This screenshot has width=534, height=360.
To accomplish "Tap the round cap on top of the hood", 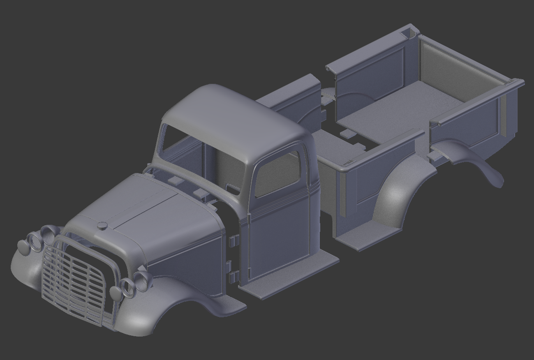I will pyautogui.click(x=102, y=225).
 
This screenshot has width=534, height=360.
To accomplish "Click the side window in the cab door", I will pyautogui.click(x=277, y=173).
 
